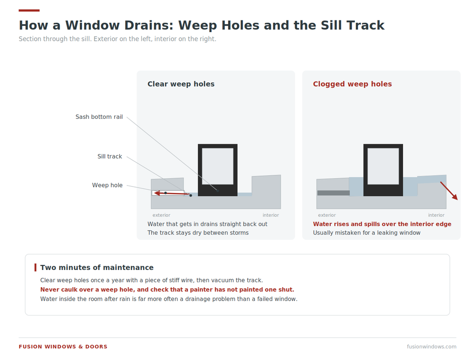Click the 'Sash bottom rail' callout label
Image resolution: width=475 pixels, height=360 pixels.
[99, 116]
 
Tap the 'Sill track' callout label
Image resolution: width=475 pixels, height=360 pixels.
[109, 156]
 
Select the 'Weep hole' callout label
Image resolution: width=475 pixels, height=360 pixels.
[107, 185]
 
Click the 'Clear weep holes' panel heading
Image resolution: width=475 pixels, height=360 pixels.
[181, 84]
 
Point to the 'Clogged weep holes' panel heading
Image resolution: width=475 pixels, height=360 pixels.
[353, 84]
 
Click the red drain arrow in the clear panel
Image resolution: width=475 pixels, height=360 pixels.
[172, 193]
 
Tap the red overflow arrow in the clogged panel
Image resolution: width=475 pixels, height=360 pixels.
[449, 191]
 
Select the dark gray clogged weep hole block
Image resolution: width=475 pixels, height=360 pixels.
[334, 193]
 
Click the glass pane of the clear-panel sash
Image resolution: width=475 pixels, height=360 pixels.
[218, 166]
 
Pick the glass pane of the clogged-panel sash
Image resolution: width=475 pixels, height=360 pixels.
[383, 166]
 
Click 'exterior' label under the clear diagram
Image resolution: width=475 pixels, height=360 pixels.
[161, 215]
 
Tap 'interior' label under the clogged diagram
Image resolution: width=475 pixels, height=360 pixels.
[436, 215]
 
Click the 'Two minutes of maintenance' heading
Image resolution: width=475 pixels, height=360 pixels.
[97, 268]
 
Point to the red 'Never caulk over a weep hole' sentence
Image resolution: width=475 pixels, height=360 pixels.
[167, 289]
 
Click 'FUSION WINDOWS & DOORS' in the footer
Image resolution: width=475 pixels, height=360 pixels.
[63, 347]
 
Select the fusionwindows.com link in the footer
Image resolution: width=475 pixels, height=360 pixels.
[432, 347]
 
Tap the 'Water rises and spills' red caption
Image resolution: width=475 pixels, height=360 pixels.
[382, 224]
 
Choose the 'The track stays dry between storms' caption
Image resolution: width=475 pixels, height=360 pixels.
[198, 233]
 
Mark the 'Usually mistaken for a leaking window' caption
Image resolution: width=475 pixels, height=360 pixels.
[366, 233]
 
